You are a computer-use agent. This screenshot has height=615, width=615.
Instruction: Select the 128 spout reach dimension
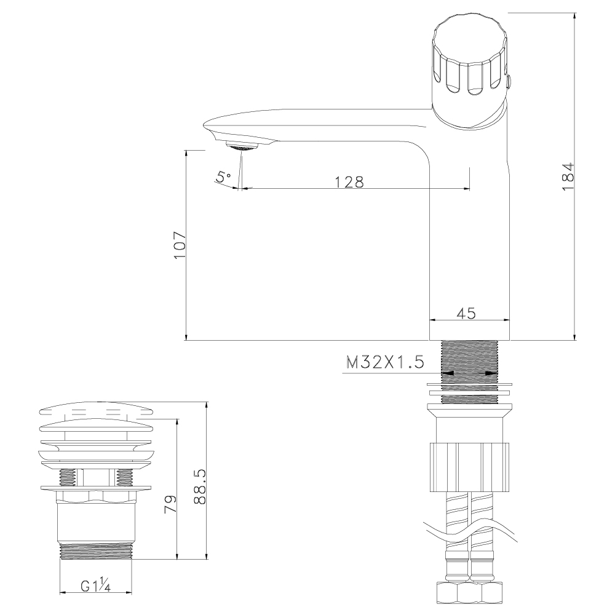[x=349, y=181]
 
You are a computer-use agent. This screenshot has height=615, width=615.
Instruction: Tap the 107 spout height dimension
[x=179, y=245]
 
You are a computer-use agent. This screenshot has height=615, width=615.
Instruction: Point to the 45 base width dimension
[x=467, y=313]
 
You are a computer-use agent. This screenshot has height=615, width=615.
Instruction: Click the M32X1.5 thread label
[x=385, y=362]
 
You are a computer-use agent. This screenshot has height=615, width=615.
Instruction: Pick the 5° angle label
[x=223, y=177]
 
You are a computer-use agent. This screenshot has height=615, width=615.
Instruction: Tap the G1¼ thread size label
[x=95, y=586]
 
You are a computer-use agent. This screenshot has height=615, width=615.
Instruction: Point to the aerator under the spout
[x=242, y=146]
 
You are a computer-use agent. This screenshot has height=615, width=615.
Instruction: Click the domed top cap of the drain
[x=95, y=411]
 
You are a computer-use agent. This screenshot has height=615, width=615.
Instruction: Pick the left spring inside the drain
[x=68, y=476]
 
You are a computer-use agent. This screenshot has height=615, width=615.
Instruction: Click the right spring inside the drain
[x=125, y=476]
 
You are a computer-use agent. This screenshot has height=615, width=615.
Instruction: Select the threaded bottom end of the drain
[x=95, y=551]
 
